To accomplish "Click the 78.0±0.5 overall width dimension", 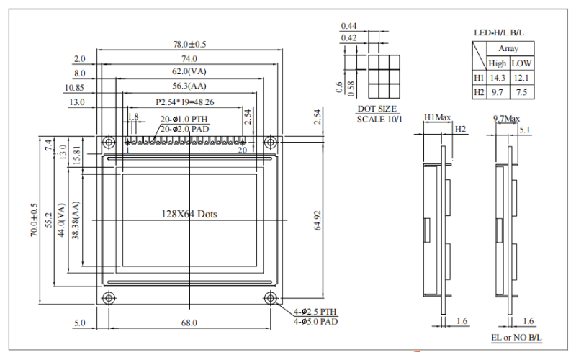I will (189, 45).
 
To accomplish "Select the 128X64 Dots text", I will (189, 214).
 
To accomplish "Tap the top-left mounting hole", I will (109, 141).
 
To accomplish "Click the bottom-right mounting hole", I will (271, 298).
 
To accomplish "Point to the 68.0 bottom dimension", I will (189, 323).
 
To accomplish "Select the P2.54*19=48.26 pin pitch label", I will (185, 102).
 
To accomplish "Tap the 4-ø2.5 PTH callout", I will (315, 311).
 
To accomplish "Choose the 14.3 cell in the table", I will (498, 78).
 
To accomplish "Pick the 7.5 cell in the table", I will (521, 92).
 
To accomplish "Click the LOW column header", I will (521, 63).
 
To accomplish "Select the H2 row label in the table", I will (479, 92).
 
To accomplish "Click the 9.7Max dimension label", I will (507, 117).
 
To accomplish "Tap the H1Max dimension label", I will (438, 117).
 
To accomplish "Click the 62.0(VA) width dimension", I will (189, 72).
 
